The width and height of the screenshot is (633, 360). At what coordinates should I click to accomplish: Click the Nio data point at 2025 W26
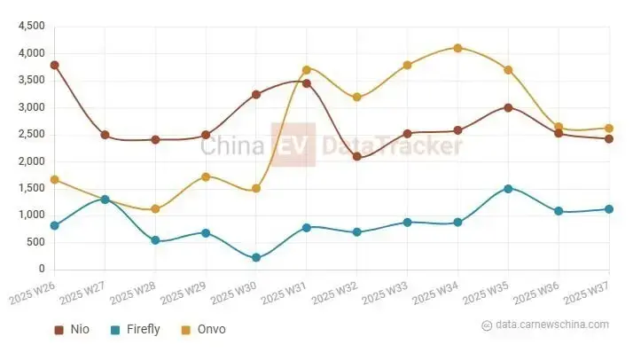[54, 65]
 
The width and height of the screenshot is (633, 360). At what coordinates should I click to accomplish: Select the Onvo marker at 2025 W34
[457, 48]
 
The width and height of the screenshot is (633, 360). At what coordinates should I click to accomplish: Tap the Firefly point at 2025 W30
[256, 258]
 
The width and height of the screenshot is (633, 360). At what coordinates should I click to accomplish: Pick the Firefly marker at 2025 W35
[508, 188]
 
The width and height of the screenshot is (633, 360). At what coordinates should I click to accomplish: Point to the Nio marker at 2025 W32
[356, 156]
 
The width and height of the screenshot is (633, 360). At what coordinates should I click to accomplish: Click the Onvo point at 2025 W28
[155, 209]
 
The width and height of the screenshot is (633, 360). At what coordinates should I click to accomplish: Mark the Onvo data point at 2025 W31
[307, 69]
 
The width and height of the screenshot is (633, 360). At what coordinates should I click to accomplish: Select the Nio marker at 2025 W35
[508, 107]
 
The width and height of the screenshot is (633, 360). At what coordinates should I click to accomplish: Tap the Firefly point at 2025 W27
[105, 200]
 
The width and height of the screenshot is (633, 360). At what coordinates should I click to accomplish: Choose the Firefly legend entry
[135, 330]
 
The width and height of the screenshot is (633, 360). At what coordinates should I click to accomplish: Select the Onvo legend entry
[203, 330]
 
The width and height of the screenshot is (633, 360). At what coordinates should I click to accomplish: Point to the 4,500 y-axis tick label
[31, 27]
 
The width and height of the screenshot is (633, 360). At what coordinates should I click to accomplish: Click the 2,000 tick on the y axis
[31, 161]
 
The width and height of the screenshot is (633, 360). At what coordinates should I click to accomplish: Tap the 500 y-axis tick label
[36, 242]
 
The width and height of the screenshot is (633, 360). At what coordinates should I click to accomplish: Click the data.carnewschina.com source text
[552, 325]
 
